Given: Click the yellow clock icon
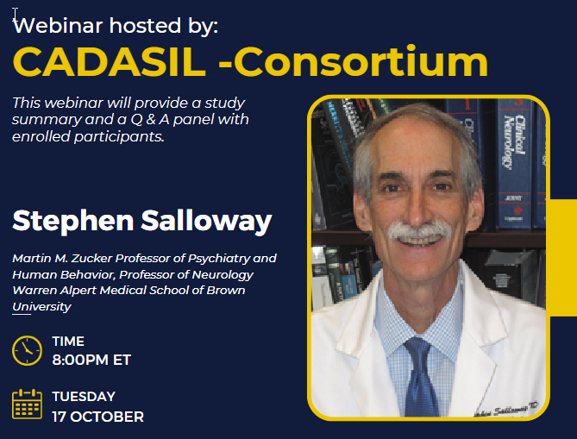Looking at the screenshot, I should [27, 350].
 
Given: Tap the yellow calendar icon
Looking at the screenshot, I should [27, 405].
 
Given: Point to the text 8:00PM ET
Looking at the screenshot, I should [91, 360].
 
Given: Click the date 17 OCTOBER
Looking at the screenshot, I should [97, 417].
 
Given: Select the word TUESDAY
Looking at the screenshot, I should [84, 397].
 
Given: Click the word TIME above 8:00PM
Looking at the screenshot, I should [68, 342].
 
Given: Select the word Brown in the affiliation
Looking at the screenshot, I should [225, 291].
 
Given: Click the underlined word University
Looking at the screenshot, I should [41, 306].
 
